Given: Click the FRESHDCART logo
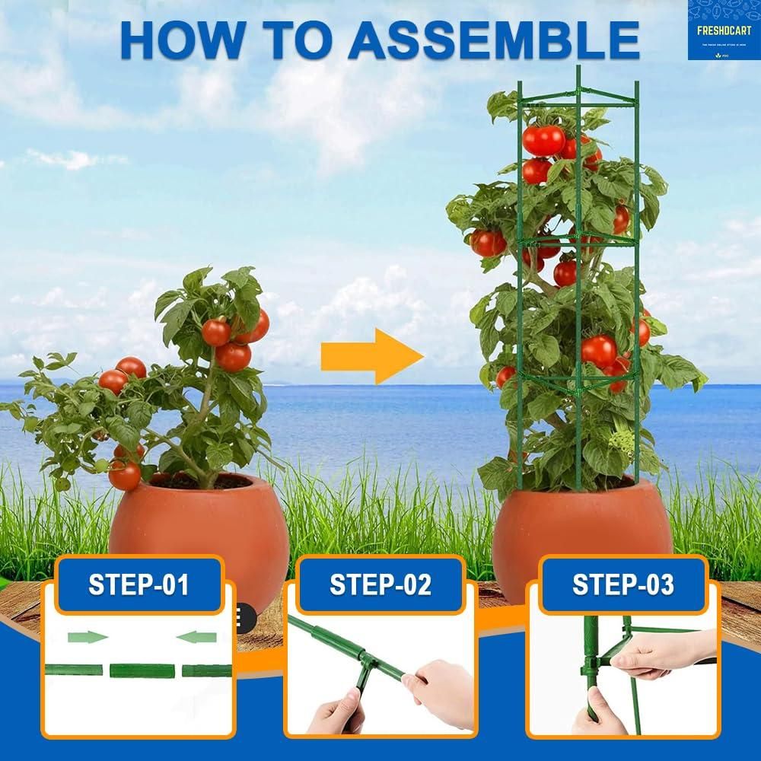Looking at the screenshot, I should (724, 30).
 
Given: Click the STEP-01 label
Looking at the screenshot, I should (139, 584).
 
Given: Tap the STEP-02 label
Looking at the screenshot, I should (380, 584).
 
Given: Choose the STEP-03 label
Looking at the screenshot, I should (622, 584).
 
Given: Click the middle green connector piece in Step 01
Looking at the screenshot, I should (142, 671).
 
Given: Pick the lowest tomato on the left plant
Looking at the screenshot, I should (124, 475).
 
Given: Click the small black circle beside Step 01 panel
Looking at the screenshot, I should (245, 613).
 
